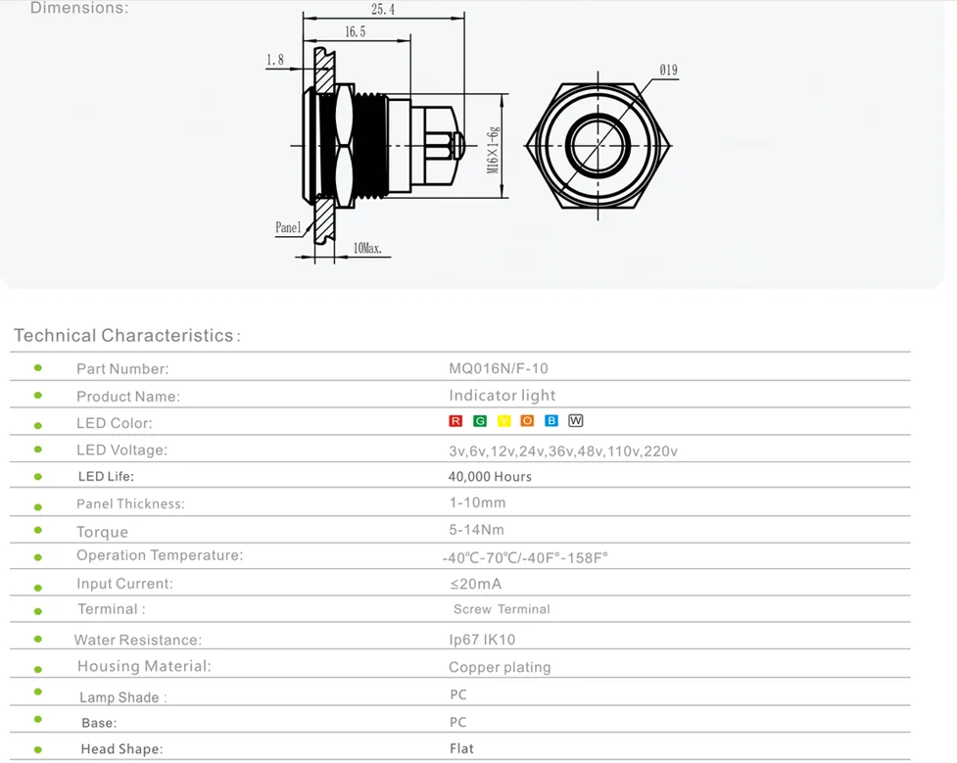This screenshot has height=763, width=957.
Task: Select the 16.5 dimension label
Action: click(355, 32)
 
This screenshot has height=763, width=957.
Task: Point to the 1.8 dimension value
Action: click(275, 61)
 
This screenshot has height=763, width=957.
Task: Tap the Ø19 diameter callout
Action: click(668, 71)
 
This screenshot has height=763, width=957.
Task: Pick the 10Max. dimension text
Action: click(367, 249)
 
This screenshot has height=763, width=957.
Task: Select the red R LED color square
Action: click(455, 421)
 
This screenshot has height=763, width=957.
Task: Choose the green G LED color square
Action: click(480, 421)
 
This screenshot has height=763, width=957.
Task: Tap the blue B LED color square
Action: click(551, 421)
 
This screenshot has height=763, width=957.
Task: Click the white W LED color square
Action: click(576, 421)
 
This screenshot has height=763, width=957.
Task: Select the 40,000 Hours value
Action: click(490, 477)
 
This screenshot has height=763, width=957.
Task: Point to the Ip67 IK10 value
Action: click(482, 640)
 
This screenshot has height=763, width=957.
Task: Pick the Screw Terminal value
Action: click(502, 609)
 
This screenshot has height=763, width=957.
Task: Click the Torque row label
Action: click(103, 532)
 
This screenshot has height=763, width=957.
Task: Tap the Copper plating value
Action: click(500, 667)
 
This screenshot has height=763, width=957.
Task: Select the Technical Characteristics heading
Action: click(124, 336)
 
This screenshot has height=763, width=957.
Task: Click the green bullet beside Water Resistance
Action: click(38, 639)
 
